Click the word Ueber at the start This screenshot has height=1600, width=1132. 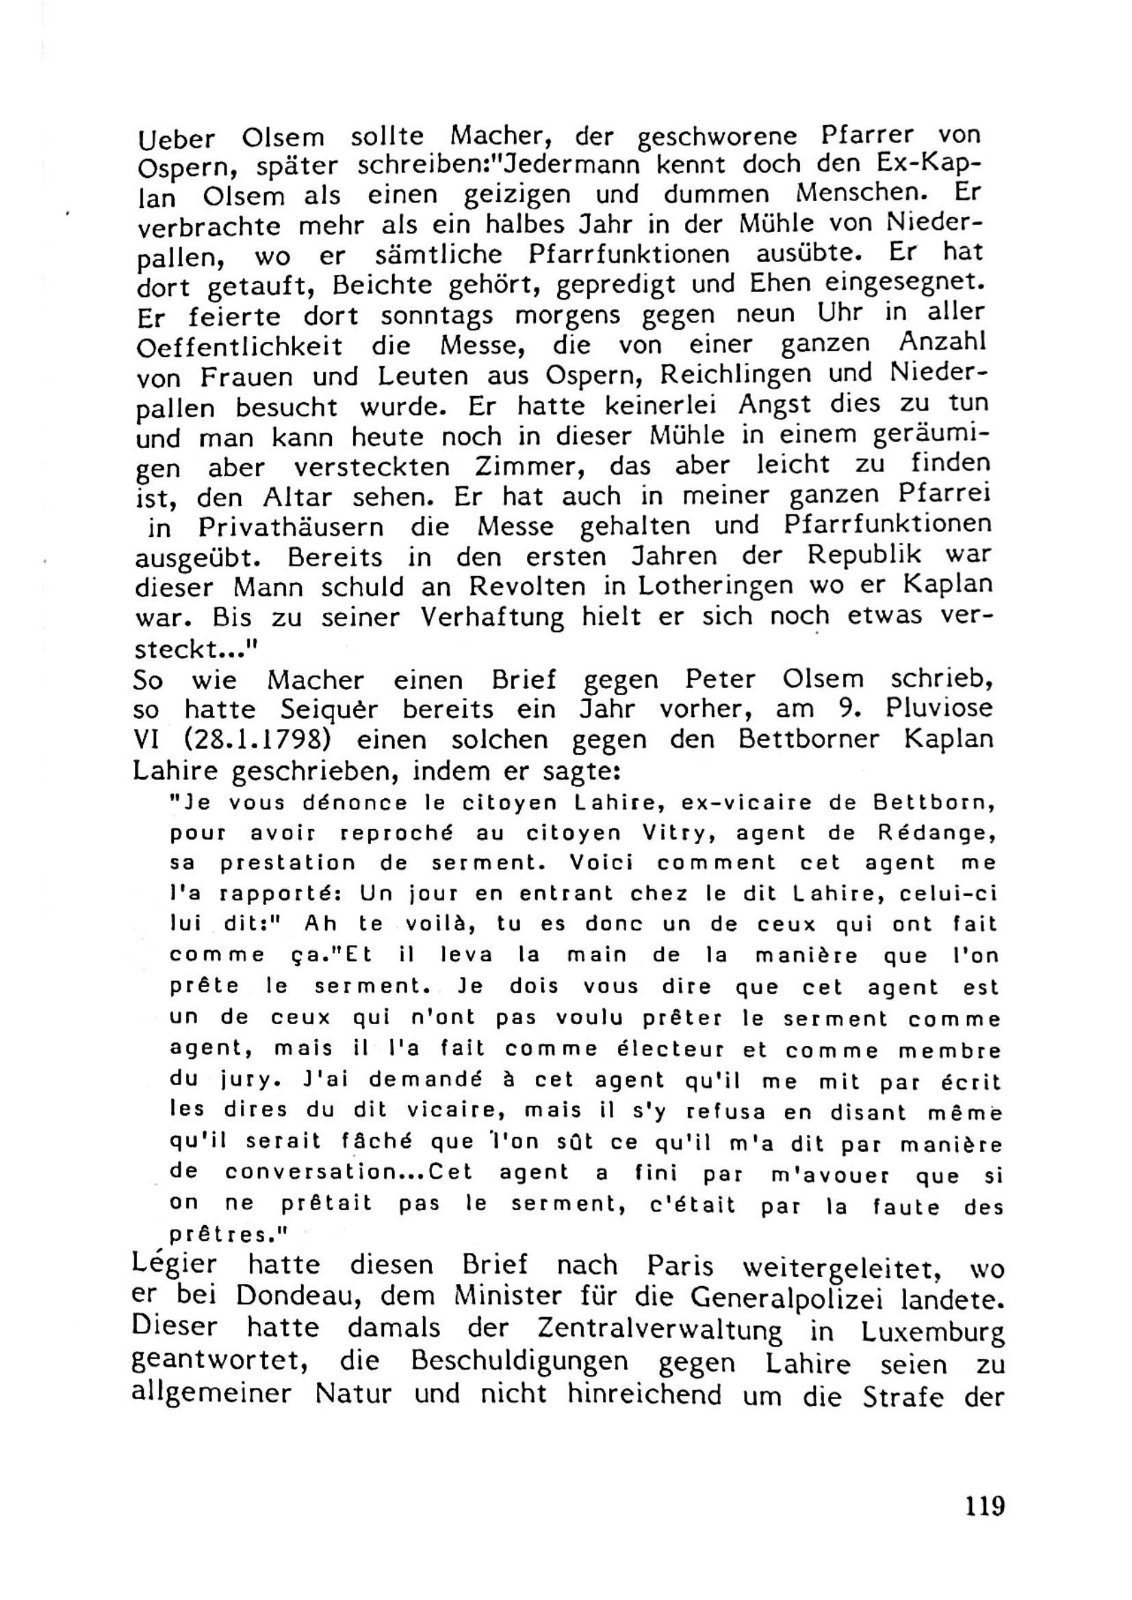point(177,140)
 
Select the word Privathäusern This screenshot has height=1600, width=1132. point(291,527)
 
